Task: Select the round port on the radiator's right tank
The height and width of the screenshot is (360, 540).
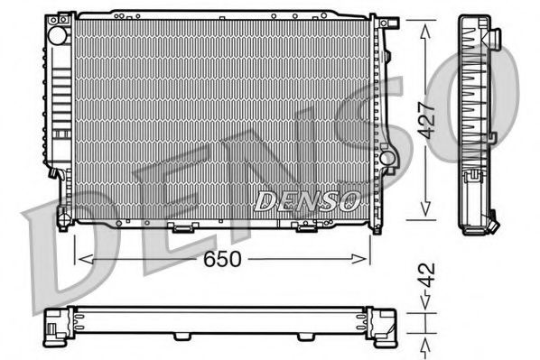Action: [x=387, y=159]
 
